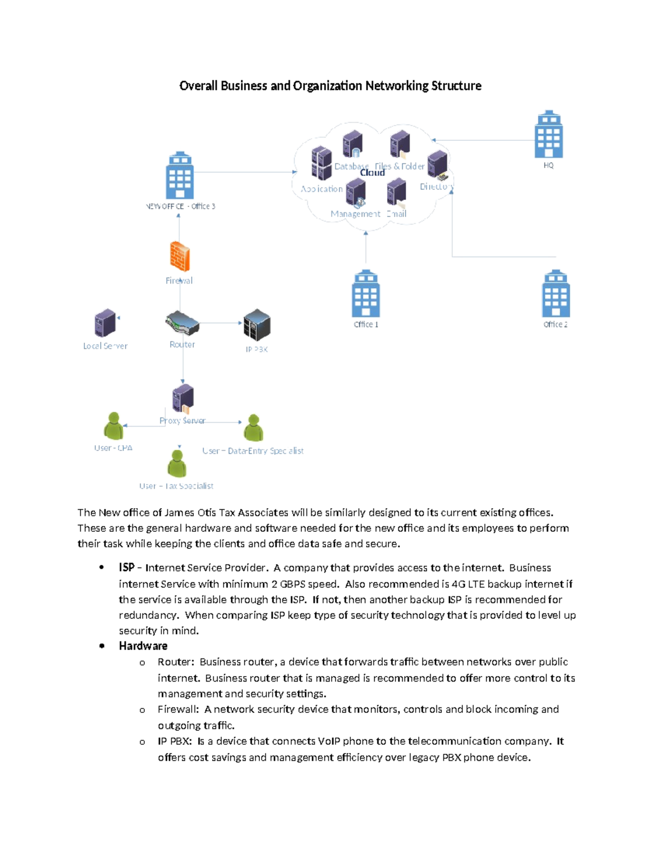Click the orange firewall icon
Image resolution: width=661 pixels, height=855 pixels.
[x=180, y=256]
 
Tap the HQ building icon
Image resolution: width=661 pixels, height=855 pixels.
[x=549, y=135]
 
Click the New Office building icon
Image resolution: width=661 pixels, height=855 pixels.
[x=180, y=176]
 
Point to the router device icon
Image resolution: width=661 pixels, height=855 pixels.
[x=182, y=323]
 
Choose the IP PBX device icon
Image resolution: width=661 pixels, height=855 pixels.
[x=257, y=325]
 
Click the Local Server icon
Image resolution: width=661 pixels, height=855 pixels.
[x=105, y=323]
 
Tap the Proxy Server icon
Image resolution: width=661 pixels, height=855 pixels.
[x=183, y=398]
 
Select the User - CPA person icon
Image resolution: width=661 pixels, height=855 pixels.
[x=113, y=426]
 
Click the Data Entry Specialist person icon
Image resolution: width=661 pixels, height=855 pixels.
[x=253, y=428]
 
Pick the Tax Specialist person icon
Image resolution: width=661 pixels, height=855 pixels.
[x=177, y=464]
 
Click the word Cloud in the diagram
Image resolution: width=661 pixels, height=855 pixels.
[x=372, y=173]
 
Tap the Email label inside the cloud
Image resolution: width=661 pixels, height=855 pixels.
[x=397, y=214]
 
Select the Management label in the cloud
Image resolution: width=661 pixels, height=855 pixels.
[x=355, y=214]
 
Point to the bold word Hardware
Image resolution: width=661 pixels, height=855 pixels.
[x=143, y=646]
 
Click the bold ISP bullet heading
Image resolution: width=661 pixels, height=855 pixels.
[x=127, y=567]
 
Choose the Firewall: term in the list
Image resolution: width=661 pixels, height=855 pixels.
[x=178, y=709]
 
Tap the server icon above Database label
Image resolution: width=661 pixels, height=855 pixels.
[x=353, y=144]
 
